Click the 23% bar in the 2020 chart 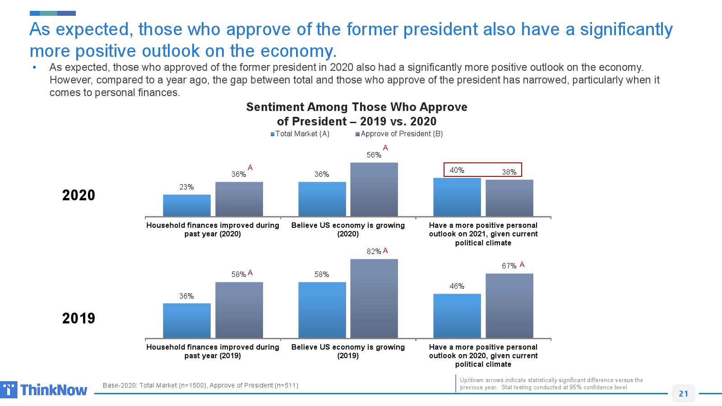coord(186,205)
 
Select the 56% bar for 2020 coord(374,189)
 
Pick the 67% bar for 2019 coord(509,306)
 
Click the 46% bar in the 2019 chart coord(457,316)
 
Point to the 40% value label coord(457,170)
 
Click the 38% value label coord(509,172)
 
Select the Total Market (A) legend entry coord(300,134)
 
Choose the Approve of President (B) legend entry coord(399,134)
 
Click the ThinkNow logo coord(44,390)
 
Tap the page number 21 coord(683,393)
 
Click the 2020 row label coord(79,195)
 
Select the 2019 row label coord(79,318)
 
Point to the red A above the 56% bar coord(385,148)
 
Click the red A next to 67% coord(522,265)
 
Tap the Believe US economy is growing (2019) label coord(348,351)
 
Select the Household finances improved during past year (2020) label coord(213,229)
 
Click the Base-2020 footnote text coord(200,385)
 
